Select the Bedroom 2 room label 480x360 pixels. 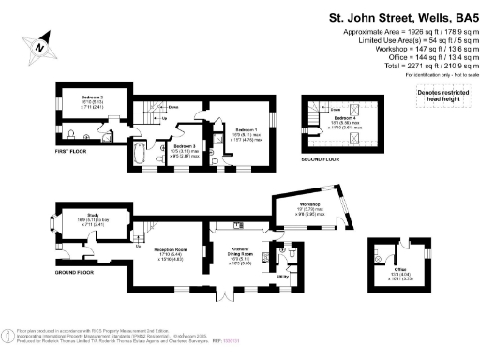[x=90, y=98]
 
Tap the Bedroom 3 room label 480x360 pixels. [x=183, y=147]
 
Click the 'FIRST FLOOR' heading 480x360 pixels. [x=70, y=151]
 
